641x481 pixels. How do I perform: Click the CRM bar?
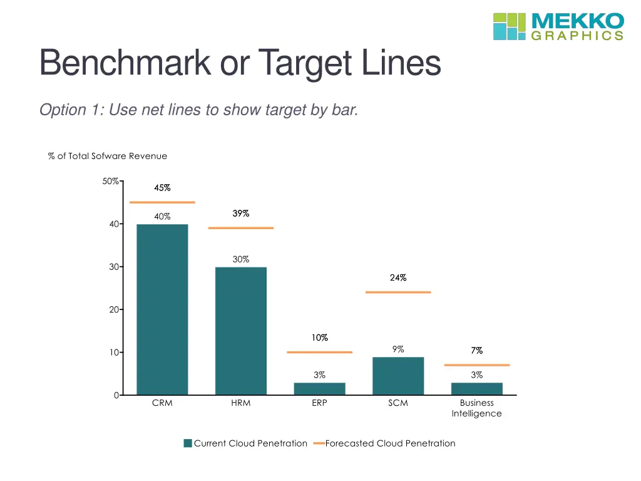click(x=162, y=309)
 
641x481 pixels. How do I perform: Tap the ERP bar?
click(x=319, y=388)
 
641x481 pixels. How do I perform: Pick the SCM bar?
click(x=398, y=376)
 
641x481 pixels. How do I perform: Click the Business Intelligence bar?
click(x=477, y=388)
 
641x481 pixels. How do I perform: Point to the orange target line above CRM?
click(x=162, y=202)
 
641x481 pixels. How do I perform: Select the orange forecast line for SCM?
click(x=398, y=292)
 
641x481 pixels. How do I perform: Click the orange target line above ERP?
click(x=319, y=352)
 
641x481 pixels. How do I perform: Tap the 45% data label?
click(x=162, y=188)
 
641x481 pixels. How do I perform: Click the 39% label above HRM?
click(x=241, y=214)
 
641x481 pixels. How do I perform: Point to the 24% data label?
click(x=398, y=278)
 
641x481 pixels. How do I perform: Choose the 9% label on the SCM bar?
click(x=398, y=349)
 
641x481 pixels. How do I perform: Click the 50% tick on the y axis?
click(x=111, y=182)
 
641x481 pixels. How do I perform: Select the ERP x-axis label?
click(x=319, y=403)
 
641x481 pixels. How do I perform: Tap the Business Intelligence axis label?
click(x=477, y=408)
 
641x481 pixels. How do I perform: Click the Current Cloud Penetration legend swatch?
click(x=188, y=443)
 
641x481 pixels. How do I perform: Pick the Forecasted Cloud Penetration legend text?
click(x=390, y=443)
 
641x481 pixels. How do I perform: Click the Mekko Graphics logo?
click(x=558, y=26)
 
